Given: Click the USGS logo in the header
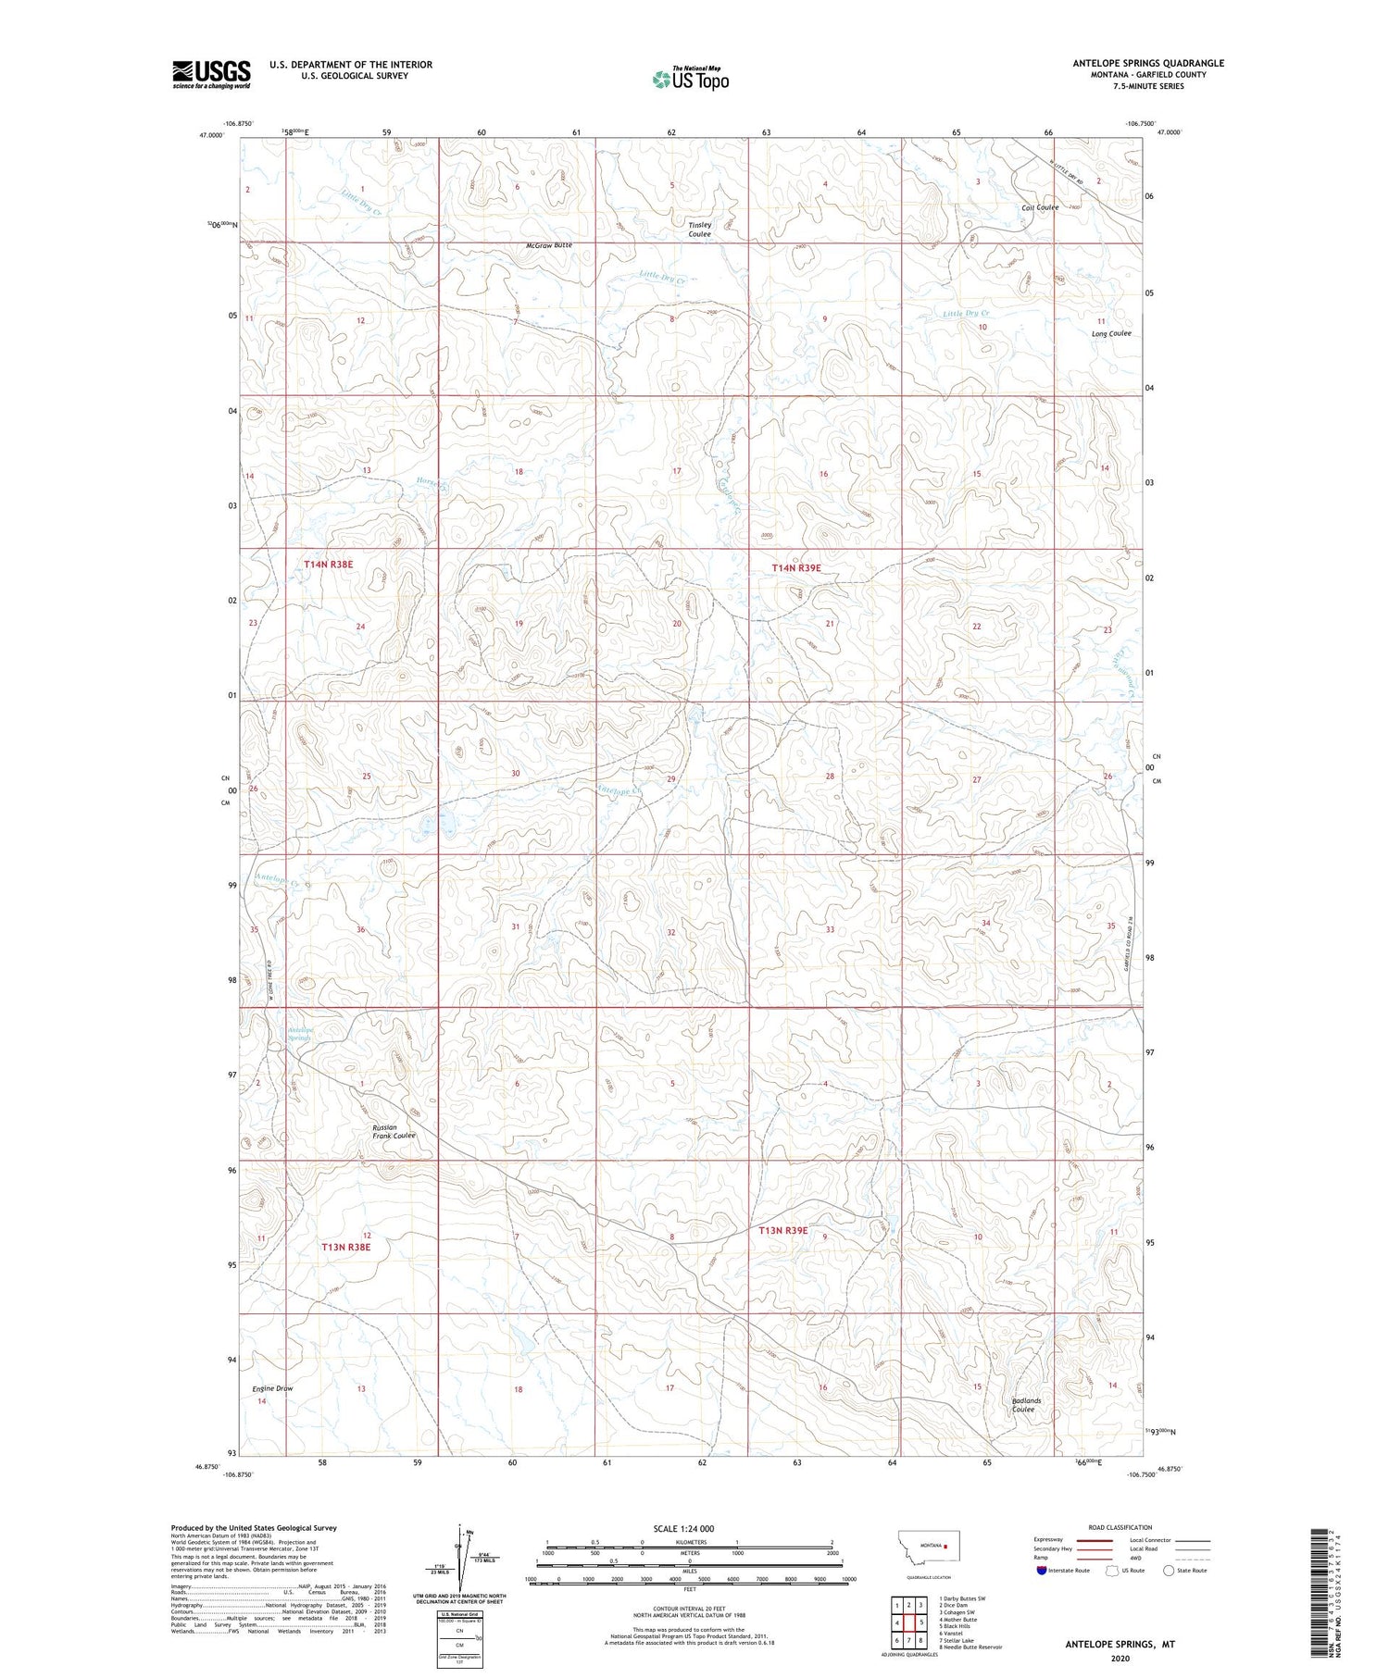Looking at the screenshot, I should (211, 74).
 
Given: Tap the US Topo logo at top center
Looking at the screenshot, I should (691, 79).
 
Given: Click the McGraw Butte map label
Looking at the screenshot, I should (549, 245).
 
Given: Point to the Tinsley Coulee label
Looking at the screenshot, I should (700, 230).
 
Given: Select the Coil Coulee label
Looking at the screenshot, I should (1040, 207).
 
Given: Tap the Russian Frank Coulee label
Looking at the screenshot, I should (394, 1131).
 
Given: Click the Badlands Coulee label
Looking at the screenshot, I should (1026, 1404).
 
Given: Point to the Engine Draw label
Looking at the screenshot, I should (272, 1388).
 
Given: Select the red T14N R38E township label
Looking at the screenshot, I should (329, 564).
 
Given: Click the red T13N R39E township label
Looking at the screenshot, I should (783, 1231).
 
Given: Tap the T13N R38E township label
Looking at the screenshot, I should (346, 1247).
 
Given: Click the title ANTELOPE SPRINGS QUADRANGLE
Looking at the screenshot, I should (1148, 63).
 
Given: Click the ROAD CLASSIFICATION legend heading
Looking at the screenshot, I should (1120, 1527).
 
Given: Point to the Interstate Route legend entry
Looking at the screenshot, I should (1067, 1571).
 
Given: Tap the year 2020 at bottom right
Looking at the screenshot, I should (1120, 1658).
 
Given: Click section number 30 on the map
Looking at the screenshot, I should (516, 773).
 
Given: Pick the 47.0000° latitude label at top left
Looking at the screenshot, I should (211, 135).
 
